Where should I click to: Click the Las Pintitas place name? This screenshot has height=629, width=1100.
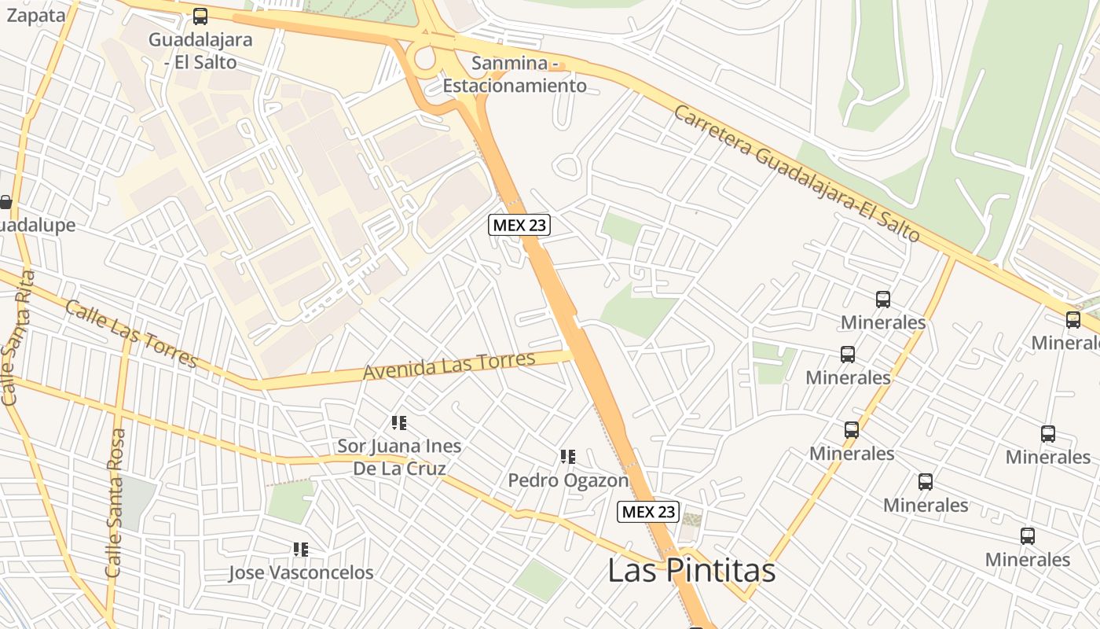pyautogui.click(x=691, y=571)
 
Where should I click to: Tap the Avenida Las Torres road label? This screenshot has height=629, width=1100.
pyautogui.click(x=449, y=366)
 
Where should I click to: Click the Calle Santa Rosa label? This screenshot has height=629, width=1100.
pyautogui.click(x=115, y=503)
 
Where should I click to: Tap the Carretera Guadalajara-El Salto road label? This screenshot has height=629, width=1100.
pyautogui.click(x=796, y=173)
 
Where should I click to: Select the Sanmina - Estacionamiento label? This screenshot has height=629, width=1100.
pyautogui.click(x=515, y=74)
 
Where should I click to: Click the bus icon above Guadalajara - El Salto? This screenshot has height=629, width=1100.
pyautogui.click(x=200, y=17)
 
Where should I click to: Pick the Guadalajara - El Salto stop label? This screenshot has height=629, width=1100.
pyautogui.click(x=192, y=50)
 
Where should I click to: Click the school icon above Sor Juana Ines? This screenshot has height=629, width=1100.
pyautogui.click(x=399, y=423)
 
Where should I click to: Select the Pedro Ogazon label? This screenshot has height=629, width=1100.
pyautogui.click(x=568, y=480)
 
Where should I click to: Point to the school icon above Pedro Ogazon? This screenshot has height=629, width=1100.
pyautogui.click(x=568, y=457)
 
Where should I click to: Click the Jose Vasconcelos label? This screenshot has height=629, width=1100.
pyautogui.click(x=301, y=572)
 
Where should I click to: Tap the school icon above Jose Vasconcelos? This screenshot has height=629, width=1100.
pyautogui.click(x=301, y=549)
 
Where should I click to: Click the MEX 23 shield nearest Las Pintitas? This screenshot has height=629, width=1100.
pyautogui.click(x=647, y=512)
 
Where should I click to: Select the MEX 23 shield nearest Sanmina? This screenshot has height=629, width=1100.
pyautogui.click(x=519, y=225)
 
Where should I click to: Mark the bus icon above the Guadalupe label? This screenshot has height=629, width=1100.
pyautogui.click(x=5, y=202)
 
